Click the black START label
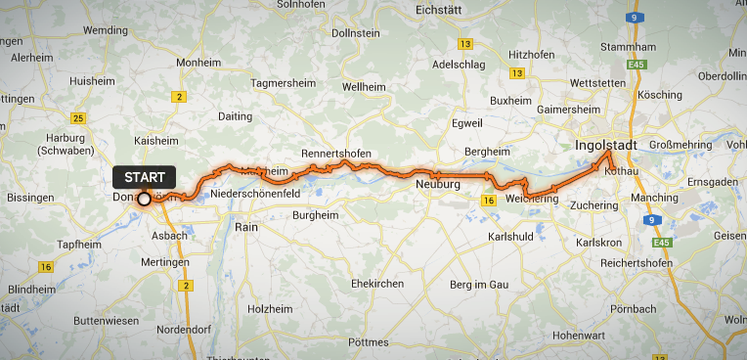pyautogui.click(x=144, y=177)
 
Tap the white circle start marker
pyautogui.click(x=144, y=199)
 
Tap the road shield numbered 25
pyautogui.click(x=79, y=118)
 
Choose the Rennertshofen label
pyautogui.click(x=337, y=154)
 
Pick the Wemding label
pyautogui.click(x=107, y=30)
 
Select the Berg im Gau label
pyautogui.click(x=479, y=284)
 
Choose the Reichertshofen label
pyautogui.click(x=624, y=264)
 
